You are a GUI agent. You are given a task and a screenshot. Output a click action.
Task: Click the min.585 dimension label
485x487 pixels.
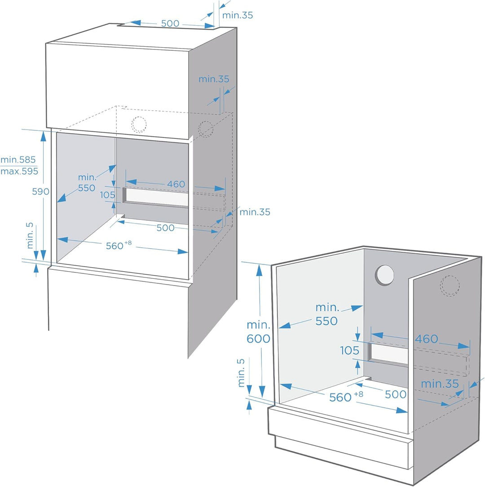tap(18, 160)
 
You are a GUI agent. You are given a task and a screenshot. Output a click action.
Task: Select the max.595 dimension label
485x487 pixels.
tap(19, 171)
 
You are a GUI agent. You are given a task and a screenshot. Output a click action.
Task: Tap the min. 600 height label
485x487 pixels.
tap(258, 332)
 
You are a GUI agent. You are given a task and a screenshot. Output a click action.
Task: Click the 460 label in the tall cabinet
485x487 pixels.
tap(176, 184)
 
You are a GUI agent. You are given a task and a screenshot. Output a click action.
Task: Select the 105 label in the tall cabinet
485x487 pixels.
tap(107, 195)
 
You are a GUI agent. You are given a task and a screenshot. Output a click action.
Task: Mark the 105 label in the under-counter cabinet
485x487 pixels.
tap(349, 350)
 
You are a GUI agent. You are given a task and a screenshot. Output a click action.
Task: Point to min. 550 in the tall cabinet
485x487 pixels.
tap(87, 183)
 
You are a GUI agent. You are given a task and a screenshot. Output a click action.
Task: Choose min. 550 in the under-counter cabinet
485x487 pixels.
tap(326, 314)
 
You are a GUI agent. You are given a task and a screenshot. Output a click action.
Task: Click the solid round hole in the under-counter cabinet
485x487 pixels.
tap(385, 275)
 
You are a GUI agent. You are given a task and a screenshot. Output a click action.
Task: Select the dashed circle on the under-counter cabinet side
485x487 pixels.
tap(450, 285)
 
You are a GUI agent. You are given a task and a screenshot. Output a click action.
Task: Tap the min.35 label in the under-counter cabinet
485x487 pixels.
tap(440, 384)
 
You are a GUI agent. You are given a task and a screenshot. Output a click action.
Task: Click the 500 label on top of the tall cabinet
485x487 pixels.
tap(170, 23)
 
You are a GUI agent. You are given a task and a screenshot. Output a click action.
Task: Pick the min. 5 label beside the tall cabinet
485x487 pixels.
tap(30, 234)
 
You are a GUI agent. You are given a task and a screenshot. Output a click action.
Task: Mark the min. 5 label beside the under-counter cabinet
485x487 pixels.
tap(242, 373)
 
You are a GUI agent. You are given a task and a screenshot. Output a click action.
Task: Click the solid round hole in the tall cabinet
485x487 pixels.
tap(139, 124)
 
